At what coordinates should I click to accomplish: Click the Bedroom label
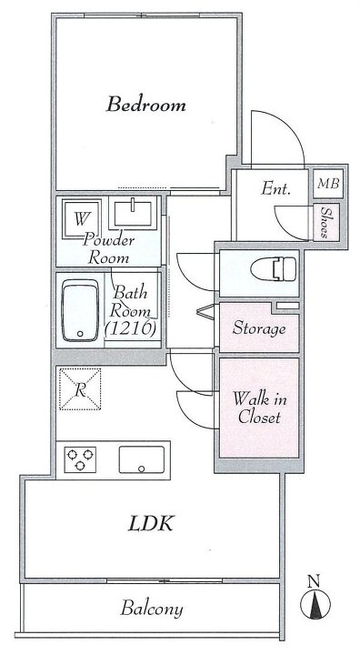tap(145, 104)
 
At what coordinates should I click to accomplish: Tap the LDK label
tap(150, 523)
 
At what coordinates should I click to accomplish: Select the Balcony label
tap(152, 609)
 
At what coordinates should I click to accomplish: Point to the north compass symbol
tap(315, 604)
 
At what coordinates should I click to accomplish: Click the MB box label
tap(328, 184)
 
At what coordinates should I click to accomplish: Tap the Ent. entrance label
tap(275, 189)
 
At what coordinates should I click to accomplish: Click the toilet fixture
tap(274, 268)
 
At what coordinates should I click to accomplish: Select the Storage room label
tap(259, 328)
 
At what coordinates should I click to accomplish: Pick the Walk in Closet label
tap(260, 408)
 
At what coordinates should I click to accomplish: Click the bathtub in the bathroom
tap(80, 310)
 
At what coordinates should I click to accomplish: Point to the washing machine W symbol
tap(82, 219)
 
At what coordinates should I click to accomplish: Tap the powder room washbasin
tap(133, 213)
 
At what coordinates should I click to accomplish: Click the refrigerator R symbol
tap(80, 389)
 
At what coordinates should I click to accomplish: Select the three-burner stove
tap(80, 460)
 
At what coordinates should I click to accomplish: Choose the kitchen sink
tap(142, 460)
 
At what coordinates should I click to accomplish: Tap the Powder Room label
tap(108, 249)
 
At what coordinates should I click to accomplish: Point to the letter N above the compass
tap(314, 581)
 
